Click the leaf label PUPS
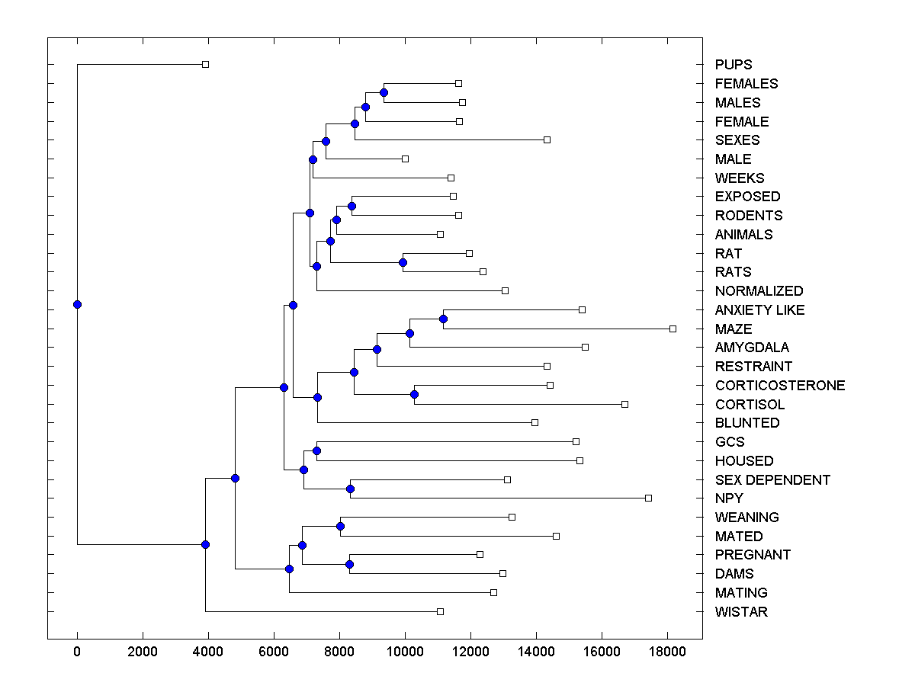tap(734, 65)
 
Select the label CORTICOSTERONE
tap(780, 386)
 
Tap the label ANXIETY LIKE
tap(759, 310)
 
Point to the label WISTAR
tap(741, 612)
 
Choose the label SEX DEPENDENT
tap(772, 480)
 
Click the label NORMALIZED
tap(759, 291)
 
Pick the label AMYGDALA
tap(752, 348)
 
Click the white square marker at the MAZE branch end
tap(673, 329)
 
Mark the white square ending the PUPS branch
tap(205, 65)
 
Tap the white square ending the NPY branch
tap(648, 498)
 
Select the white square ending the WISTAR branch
tap(440, 611)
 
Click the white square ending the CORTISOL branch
tap(624, 404)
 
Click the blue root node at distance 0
tap(77, 304)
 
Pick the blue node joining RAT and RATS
tap(403, 262)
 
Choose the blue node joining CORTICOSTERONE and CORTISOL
tap(414, 394)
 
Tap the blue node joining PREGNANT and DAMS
tap(349, 564)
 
